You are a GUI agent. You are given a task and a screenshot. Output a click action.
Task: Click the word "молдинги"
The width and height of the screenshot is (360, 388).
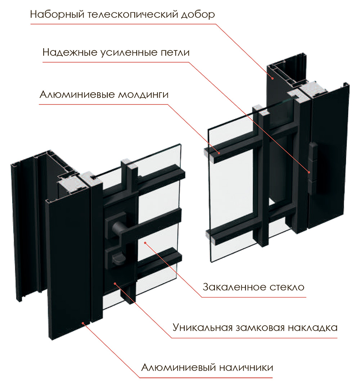[143, 95]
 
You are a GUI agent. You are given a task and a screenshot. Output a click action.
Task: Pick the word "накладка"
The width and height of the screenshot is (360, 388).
[313, 328]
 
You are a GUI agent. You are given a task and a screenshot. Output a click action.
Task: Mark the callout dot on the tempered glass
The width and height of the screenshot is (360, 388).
[145, 243]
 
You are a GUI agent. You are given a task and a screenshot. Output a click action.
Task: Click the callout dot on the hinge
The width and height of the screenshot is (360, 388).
[309, 172]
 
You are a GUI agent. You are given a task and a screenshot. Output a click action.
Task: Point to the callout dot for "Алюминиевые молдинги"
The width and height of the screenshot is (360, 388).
[219, 153]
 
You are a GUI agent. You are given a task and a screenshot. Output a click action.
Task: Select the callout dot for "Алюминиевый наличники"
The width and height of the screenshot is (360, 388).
[83, 323]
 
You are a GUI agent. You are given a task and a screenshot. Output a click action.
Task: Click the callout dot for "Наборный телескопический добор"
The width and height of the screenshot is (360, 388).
[273, 79]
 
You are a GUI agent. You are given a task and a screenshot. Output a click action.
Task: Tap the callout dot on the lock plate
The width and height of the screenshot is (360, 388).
[115, 283]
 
